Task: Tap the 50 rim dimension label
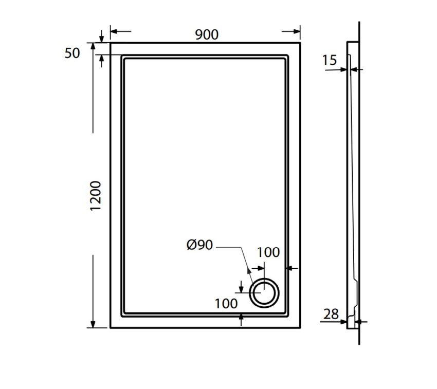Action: pyautogui.click(x=72, y=53)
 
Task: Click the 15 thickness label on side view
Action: pyautogui.click(x=330, y=61)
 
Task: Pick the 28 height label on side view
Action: pyautogui.click(x=332, y=313)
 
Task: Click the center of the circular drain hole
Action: pyautogui.click(x=264, y=293)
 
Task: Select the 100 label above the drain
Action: pyautogui.click(x=268, y=252)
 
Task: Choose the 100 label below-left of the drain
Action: pyautogui.click(x=226, y=303)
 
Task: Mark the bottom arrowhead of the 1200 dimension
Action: pyautogui.click(x=93, y=324)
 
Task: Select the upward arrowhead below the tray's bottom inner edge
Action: pyautogui.click(x=242, y=319)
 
